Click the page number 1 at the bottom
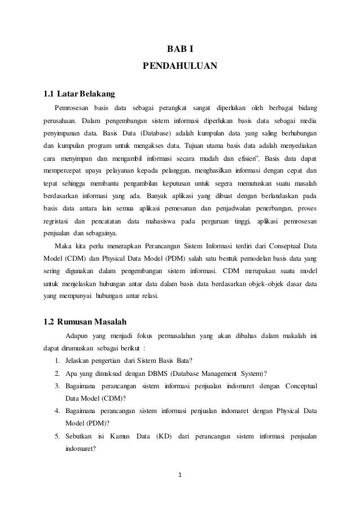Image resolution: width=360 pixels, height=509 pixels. pyautogui.click(x=180, y=481)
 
